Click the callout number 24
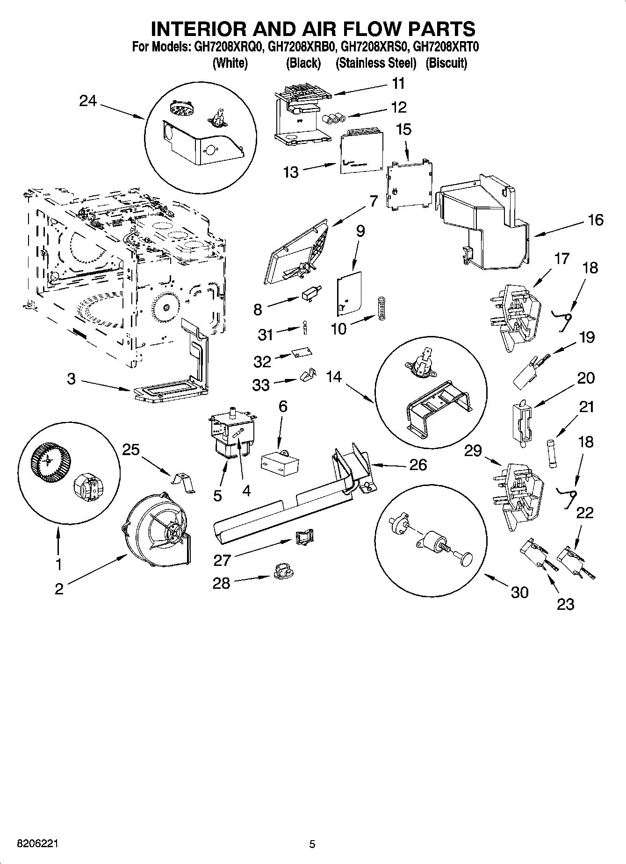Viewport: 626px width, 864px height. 87,100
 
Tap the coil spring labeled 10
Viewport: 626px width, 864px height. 381,309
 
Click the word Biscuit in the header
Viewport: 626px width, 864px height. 446,63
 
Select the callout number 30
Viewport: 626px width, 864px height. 519,592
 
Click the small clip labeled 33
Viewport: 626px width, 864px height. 307,376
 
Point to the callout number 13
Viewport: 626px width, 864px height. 291,172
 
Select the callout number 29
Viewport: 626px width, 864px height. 473,450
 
